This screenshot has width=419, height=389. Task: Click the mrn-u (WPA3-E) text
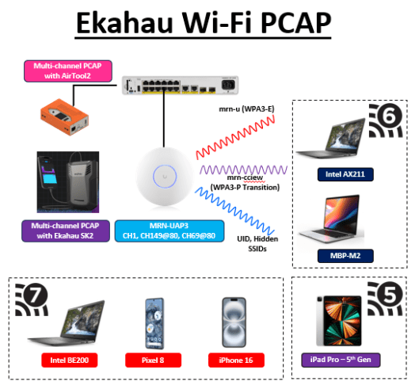tap(248, 109)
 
